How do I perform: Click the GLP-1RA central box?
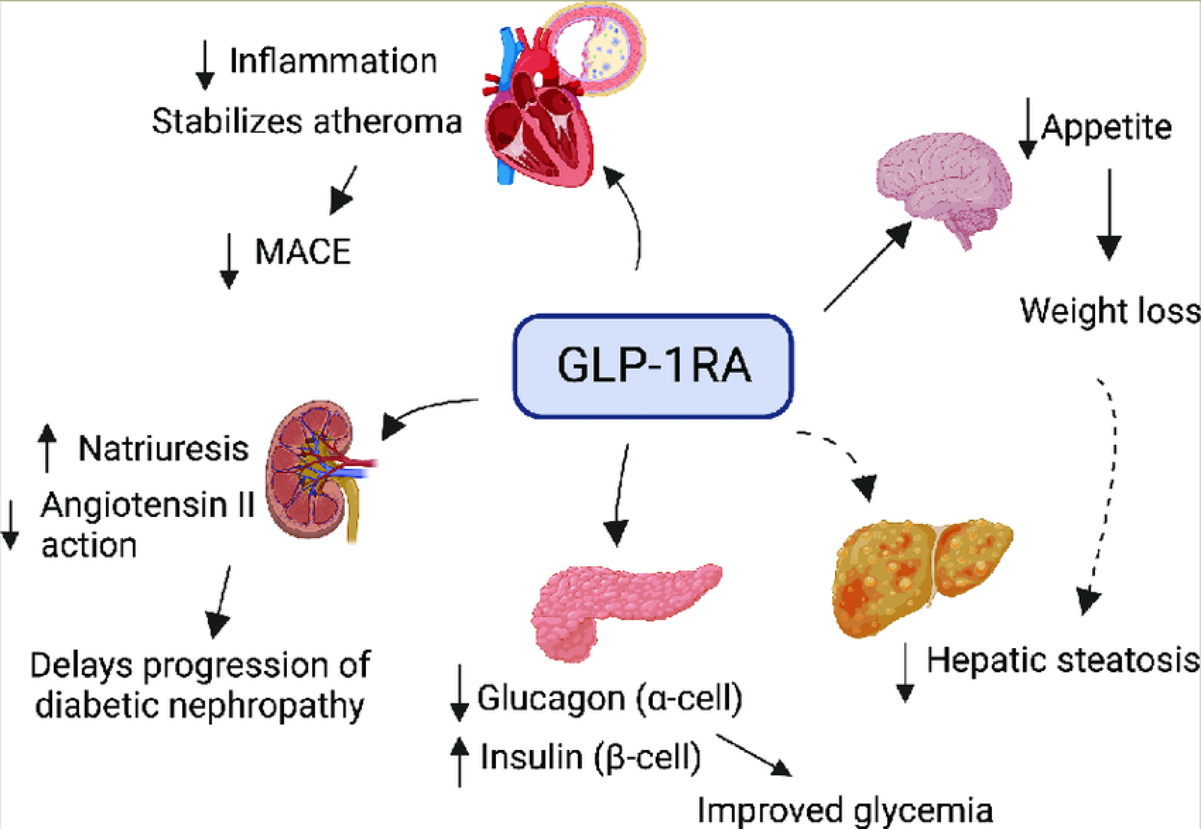(x=653, y=366)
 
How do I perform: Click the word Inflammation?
(x=333, y=61)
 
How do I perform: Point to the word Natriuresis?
(x=163, y=449)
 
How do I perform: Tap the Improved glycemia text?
(x=844, y=810)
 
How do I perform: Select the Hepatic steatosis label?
(x=1063, y=661)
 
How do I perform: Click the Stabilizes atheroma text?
(x=307, y=122)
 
